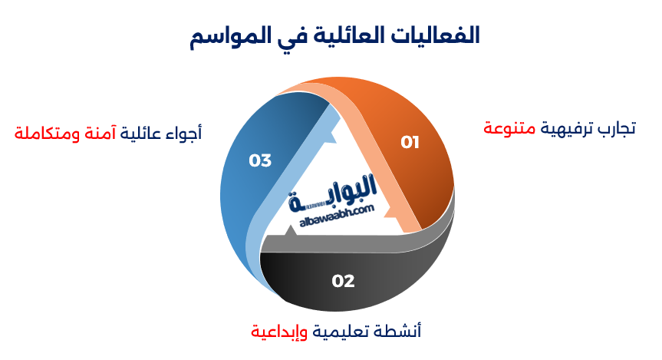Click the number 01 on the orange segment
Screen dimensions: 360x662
[410, 142]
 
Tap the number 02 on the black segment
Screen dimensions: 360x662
[343, 281]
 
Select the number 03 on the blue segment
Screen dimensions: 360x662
[260, 160]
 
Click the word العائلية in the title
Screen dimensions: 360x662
[344, 35]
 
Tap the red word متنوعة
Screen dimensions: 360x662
[509, 127]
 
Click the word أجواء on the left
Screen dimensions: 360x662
[183, 132]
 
